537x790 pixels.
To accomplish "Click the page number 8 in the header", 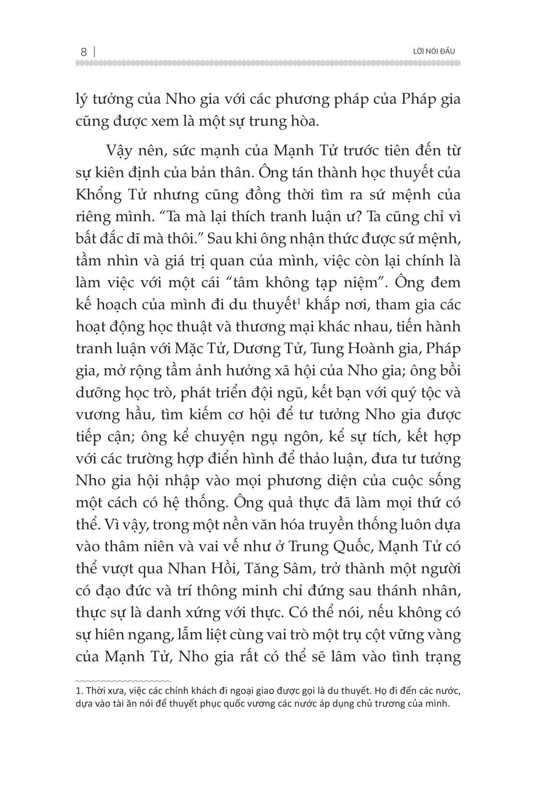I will click(x=84, y=51).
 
